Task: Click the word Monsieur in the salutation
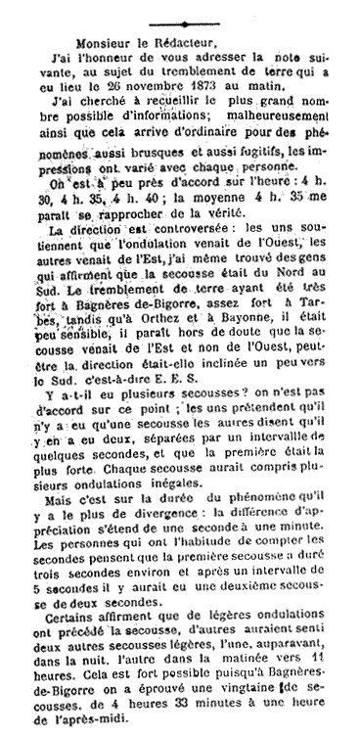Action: click(93, 44)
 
